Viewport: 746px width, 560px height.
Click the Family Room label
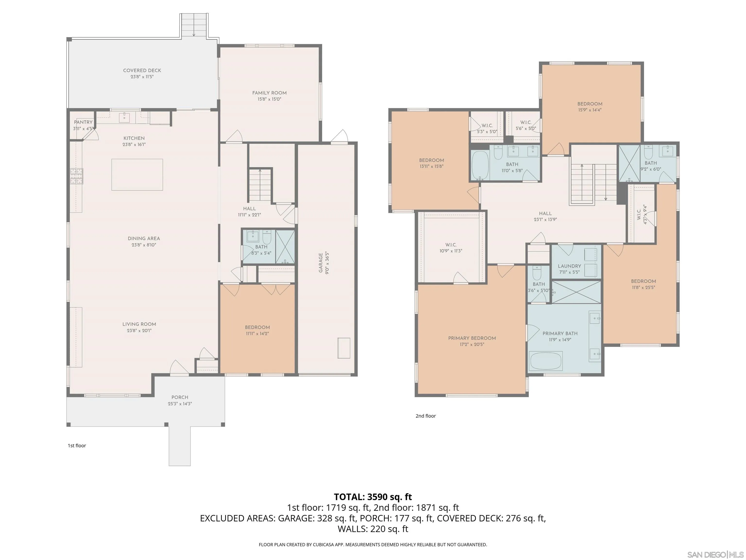click(x=269, y=93)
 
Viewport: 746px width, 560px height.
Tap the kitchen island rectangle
click(x=137, y=175)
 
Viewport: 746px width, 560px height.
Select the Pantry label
click(x=83, y=122)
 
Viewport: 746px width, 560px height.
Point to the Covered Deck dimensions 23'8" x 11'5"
click(x=142, y=77)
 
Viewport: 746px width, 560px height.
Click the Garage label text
click(x=321, y=262)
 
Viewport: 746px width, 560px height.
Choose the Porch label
click(x=180, y=397)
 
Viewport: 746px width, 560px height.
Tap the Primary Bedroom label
click(x=472, y=338)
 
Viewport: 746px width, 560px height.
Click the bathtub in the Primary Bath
click(x=546, y=361)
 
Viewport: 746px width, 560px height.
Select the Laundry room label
click(x=569, y=266)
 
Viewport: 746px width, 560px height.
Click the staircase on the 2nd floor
click(x=593, y=182)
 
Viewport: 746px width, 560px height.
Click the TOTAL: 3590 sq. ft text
click(x=373, y=497)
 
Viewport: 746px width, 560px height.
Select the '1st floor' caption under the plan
click(x=77, y=446)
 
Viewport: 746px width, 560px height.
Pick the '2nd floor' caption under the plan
click(x=426, y=416)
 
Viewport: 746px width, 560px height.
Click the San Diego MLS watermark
click(x=715, y=555)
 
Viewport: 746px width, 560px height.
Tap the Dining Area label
click(x=144, y=238)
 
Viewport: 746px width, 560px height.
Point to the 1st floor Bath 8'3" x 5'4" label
click(x=261, y=250)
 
